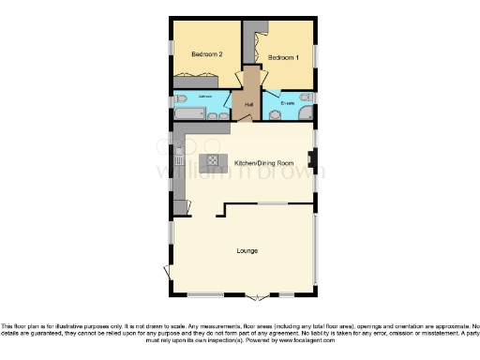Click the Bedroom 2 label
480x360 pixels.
click(x=205, y=54)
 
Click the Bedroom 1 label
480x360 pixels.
click(x=283, y=58)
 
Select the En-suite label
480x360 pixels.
click(x=289, y=101)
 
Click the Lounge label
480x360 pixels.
click(x=247, y=252)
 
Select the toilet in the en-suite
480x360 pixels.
click(x=307, y=97)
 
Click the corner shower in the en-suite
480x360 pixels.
click(x=305, y=114)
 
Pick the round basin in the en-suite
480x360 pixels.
click(x=276, y=115)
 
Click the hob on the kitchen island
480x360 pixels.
click(x=213, y=161)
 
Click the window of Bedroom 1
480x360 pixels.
click(x=315, y=56)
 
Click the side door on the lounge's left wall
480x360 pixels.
click(x=168, y=272)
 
